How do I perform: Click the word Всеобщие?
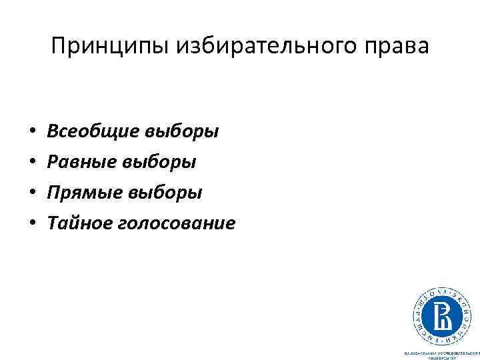[93, 131]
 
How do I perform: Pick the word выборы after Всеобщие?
[181, 131]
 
